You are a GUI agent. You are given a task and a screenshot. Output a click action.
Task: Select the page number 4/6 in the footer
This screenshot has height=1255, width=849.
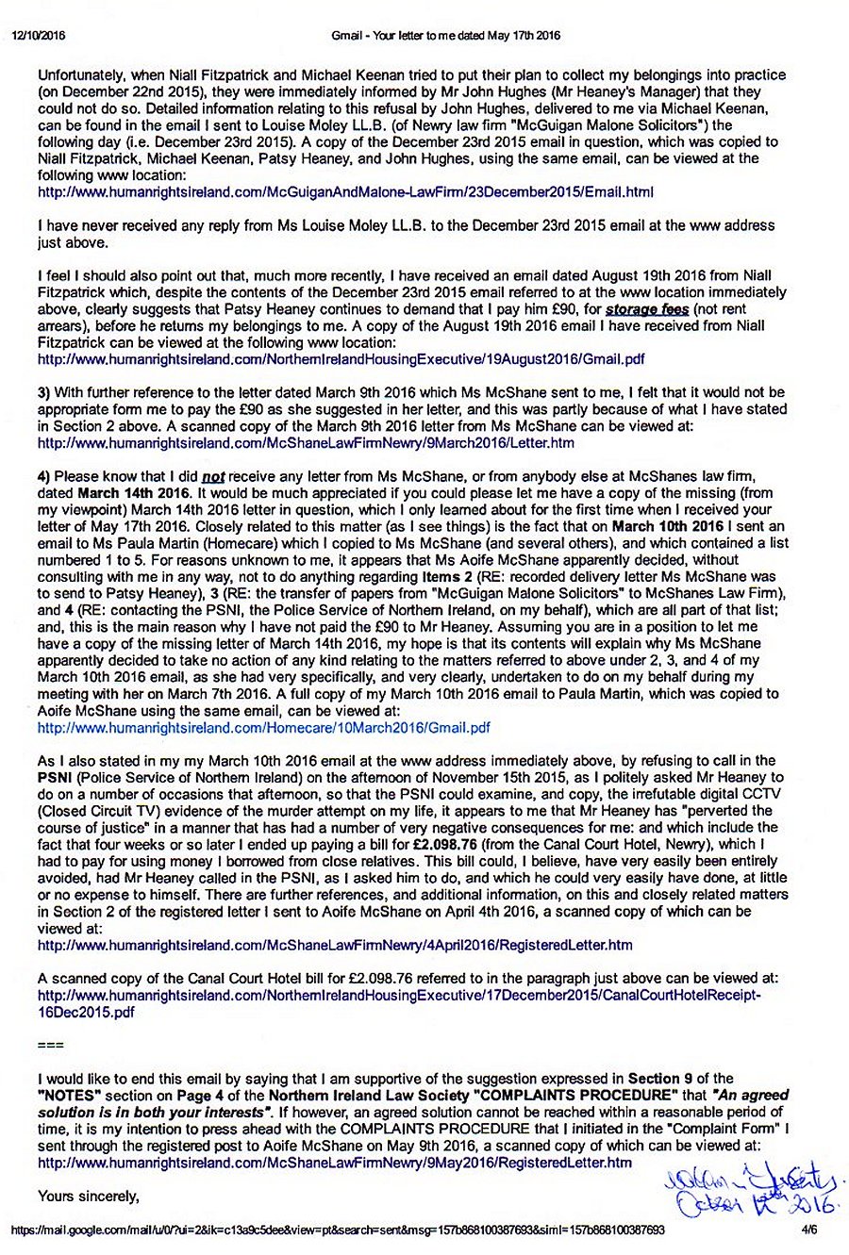point(808,1230)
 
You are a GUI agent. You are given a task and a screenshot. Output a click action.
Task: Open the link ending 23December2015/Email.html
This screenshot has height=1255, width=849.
point(345,191)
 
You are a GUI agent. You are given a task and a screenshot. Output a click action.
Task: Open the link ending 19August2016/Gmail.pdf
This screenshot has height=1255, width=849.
point(341,359)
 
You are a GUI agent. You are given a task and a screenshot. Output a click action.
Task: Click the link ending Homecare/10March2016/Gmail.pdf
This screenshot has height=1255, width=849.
point(263,728)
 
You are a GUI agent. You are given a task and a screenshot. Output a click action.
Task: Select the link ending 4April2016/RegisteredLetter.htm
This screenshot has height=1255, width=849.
point(335,944)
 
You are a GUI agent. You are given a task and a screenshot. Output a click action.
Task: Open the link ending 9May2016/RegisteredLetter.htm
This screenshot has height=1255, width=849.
point(334,1163)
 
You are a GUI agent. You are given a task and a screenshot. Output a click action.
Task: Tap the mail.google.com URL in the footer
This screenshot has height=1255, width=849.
point(338,1230)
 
